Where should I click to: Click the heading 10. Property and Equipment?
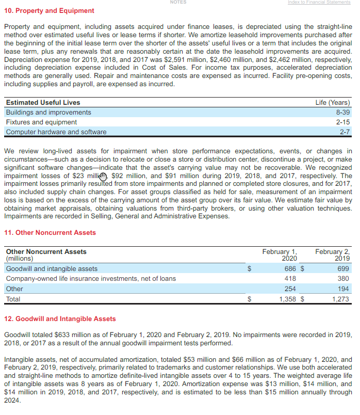point(49,11)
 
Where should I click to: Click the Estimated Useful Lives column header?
point(43,103)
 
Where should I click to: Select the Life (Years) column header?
point(333,103)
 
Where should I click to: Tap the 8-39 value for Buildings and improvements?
point(342,113)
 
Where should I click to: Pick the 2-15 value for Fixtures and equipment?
point(342,122)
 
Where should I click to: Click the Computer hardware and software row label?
point(56,132)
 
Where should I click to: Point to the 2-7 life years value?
point(345,132)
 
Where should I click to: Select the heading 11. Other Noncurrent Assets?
point(50,233)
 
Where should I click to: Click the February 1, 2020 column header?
point(280,254)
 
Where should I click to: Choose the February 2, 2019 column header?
point(332,254)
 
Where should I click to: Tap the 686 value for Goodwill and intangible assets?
point(290,269)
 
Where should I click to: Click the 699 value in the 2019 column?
point(343,269)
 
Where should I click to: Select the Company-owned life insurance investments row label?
point(91,279)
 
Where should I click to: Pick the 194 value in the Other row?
point(343,289)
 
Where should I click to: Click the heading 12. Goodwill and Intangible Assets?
point(60,319)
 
